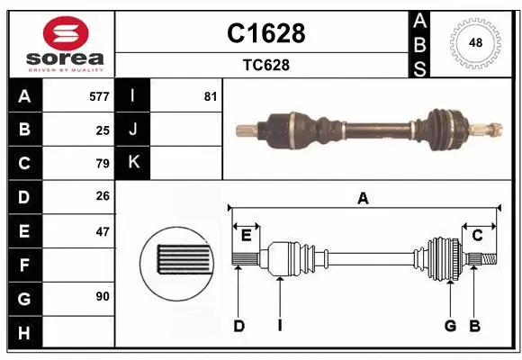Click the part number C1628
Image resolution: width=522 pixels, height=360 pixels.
tap(265, 33)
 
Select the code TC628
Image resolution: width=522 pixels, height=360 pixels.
tap(265, 65)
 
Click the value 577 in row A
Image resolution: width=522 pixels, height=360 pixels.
tap(99, 96)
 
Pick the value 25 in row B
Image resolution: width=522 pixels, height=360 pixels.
tap(103, 130)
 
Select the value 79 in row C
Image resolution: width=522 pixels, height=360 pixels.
tap(103, 164)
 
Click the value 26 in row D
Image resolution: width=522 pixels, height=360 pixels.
tap(103, 197)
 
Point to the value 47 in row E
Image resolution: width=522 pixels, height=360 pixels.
tap(103, 231)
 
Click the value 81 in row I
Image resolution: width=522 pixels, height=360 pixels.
tap(211, 96)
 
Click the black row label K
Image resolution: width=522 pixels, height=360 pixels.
tap(133, 164)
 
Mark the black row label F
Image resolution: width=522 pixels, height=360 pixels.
tap(24, 265)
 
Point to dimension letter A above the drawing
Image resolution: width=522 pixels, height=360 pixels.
tap(363, 199)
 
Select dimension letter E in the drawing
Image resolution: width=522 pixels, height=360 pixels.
tap(246, 236)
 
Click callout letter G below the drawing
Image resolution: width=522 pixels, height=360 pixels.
tap(449, 326)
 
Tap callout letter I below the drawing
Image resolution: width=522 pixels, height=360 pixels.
tap(280, 326)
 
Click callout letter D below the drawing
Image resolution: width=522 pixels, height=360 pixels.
tap(238, 326)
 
